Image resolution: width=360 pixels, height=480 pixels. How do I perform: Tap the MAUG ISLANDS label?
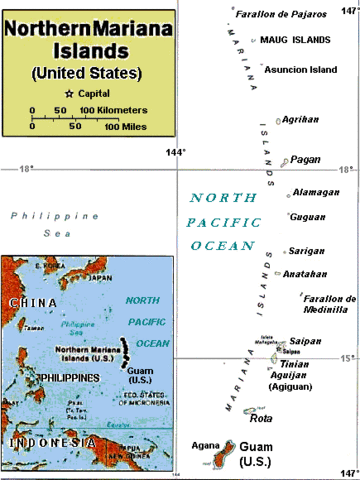(295, 40)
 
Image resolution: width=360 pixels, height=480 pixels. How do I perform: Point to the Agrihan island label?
(302, 119)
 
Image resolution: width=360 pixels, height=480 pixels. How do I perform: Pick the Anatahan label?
(306, 273)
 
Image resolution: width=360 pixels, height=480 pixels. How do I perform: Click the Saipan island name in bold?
(306, 340)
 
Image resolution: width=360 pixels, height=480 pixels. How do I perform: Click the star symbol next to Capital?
(69, 93)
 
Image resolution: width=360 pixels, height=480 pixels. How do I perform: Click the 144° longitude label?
(176, 153)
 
